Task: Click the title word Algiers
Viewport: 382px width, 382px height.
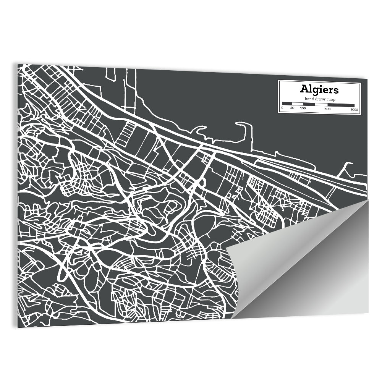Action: pyautogui.click(x=319, y=89)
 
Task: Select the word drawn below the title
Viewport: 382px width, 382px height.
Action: pyautogui.click(x=320, y=99)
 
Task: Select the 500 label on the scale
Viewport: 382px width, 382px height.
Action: pyautogui.click(x=327, y=109)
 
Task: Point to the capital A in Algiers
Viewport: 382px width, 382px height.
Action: pyautogui.click(x=304, y=89)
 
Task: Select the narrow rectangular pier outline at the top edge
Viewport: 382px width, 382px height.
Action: pyautogui.click(x=112, y=74)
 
